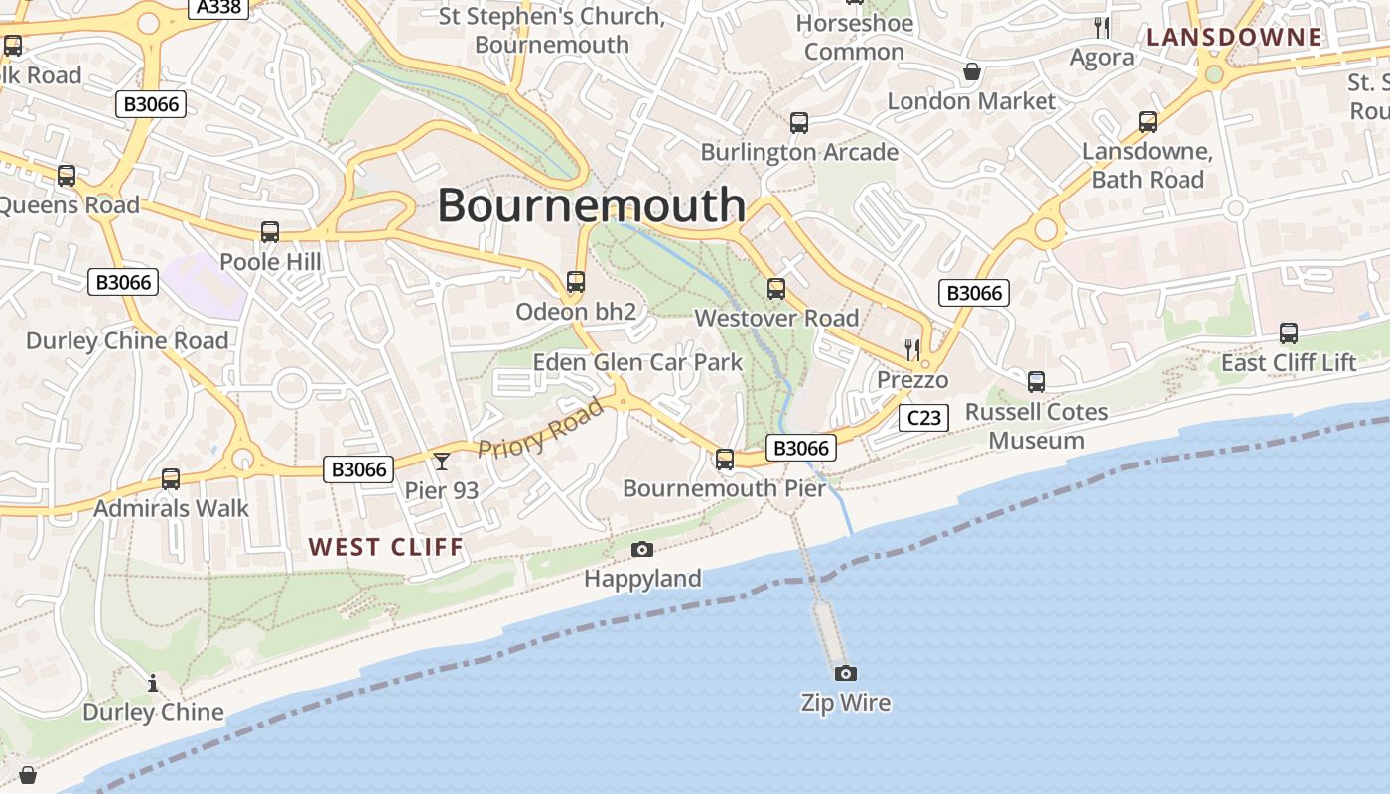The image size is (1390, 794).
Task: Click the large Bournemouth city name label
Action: coord(592,205)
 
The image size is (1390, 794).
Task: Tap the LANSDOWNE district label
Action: coord(1234,38)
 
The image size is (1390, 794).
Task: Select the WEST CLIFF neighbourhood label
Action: coord(386,547)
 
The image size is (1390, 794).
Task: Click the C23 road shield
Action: coord(923,418)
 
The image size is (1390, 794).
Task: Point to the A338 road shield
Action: coord(218,7)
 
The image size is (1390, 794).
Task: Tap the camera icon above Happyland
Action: coord(642,549)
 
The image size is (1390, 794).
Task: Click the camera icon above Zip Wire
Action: coord(845,673)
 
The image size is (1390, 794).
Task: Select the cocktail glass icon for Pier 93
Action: coord(442,461)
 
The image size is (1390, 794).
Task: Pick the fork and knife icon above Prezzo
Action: coord(912,349)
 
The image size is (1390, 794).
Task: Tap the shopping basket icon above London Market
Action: coord(972,71)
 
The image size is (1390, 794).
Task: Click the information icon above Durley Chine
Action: coord(153,683)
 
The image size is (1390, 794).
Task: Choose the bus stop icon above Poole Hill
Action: coord(270,232)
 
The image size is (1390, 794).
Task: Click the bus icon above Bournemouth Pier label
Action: coord(725,459)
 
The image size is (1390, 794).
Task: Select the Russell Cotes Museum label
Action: coord(1037,426)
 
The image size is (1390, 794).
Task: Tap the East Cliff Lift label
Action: coord(1289,363)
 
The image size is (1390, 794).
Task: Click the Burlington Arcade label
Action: coord(799,152)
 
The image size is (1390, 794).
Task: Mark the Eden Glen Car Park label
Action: coord(637,362)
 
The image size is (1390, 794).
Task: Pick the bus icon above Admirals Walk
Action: coord(171,479)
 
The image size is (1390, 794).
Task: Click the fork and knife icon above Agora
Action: coord(1101,27)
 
